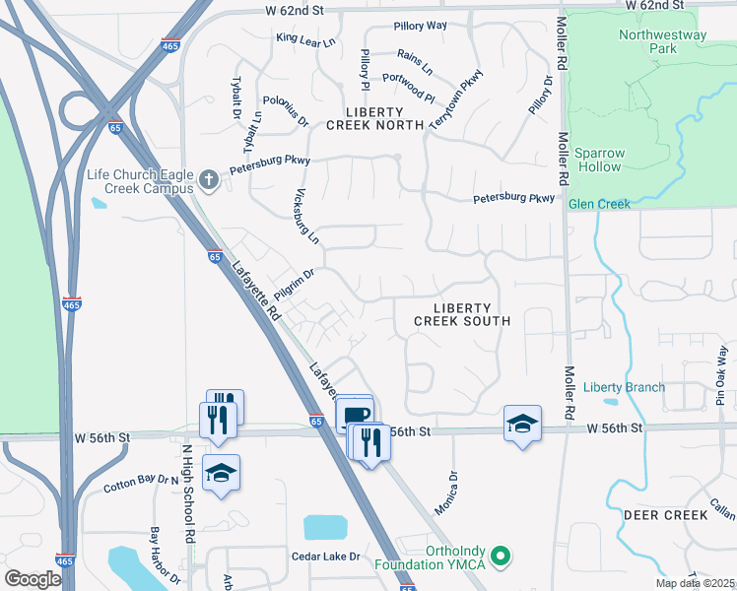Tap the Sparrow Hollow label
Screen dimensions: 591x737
point(599,160)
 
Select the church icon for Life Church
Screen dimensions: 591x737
point(207,180)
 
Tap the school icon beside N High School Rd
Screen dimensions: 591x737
point(221,474)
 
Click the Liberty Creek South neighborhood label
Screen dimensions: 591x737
point(462,314)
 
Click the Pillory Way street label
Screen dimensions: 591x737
point(420,25)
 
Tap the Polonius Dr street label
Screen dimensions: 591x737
point(286,111)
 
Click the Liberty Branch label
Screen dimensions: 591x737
point(624,387)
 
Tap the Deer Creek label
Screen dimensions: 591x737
point(665,515)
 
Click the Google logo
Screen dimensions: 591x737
point(33,578)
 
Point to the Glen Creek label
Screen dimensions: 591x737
point(599,204)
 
